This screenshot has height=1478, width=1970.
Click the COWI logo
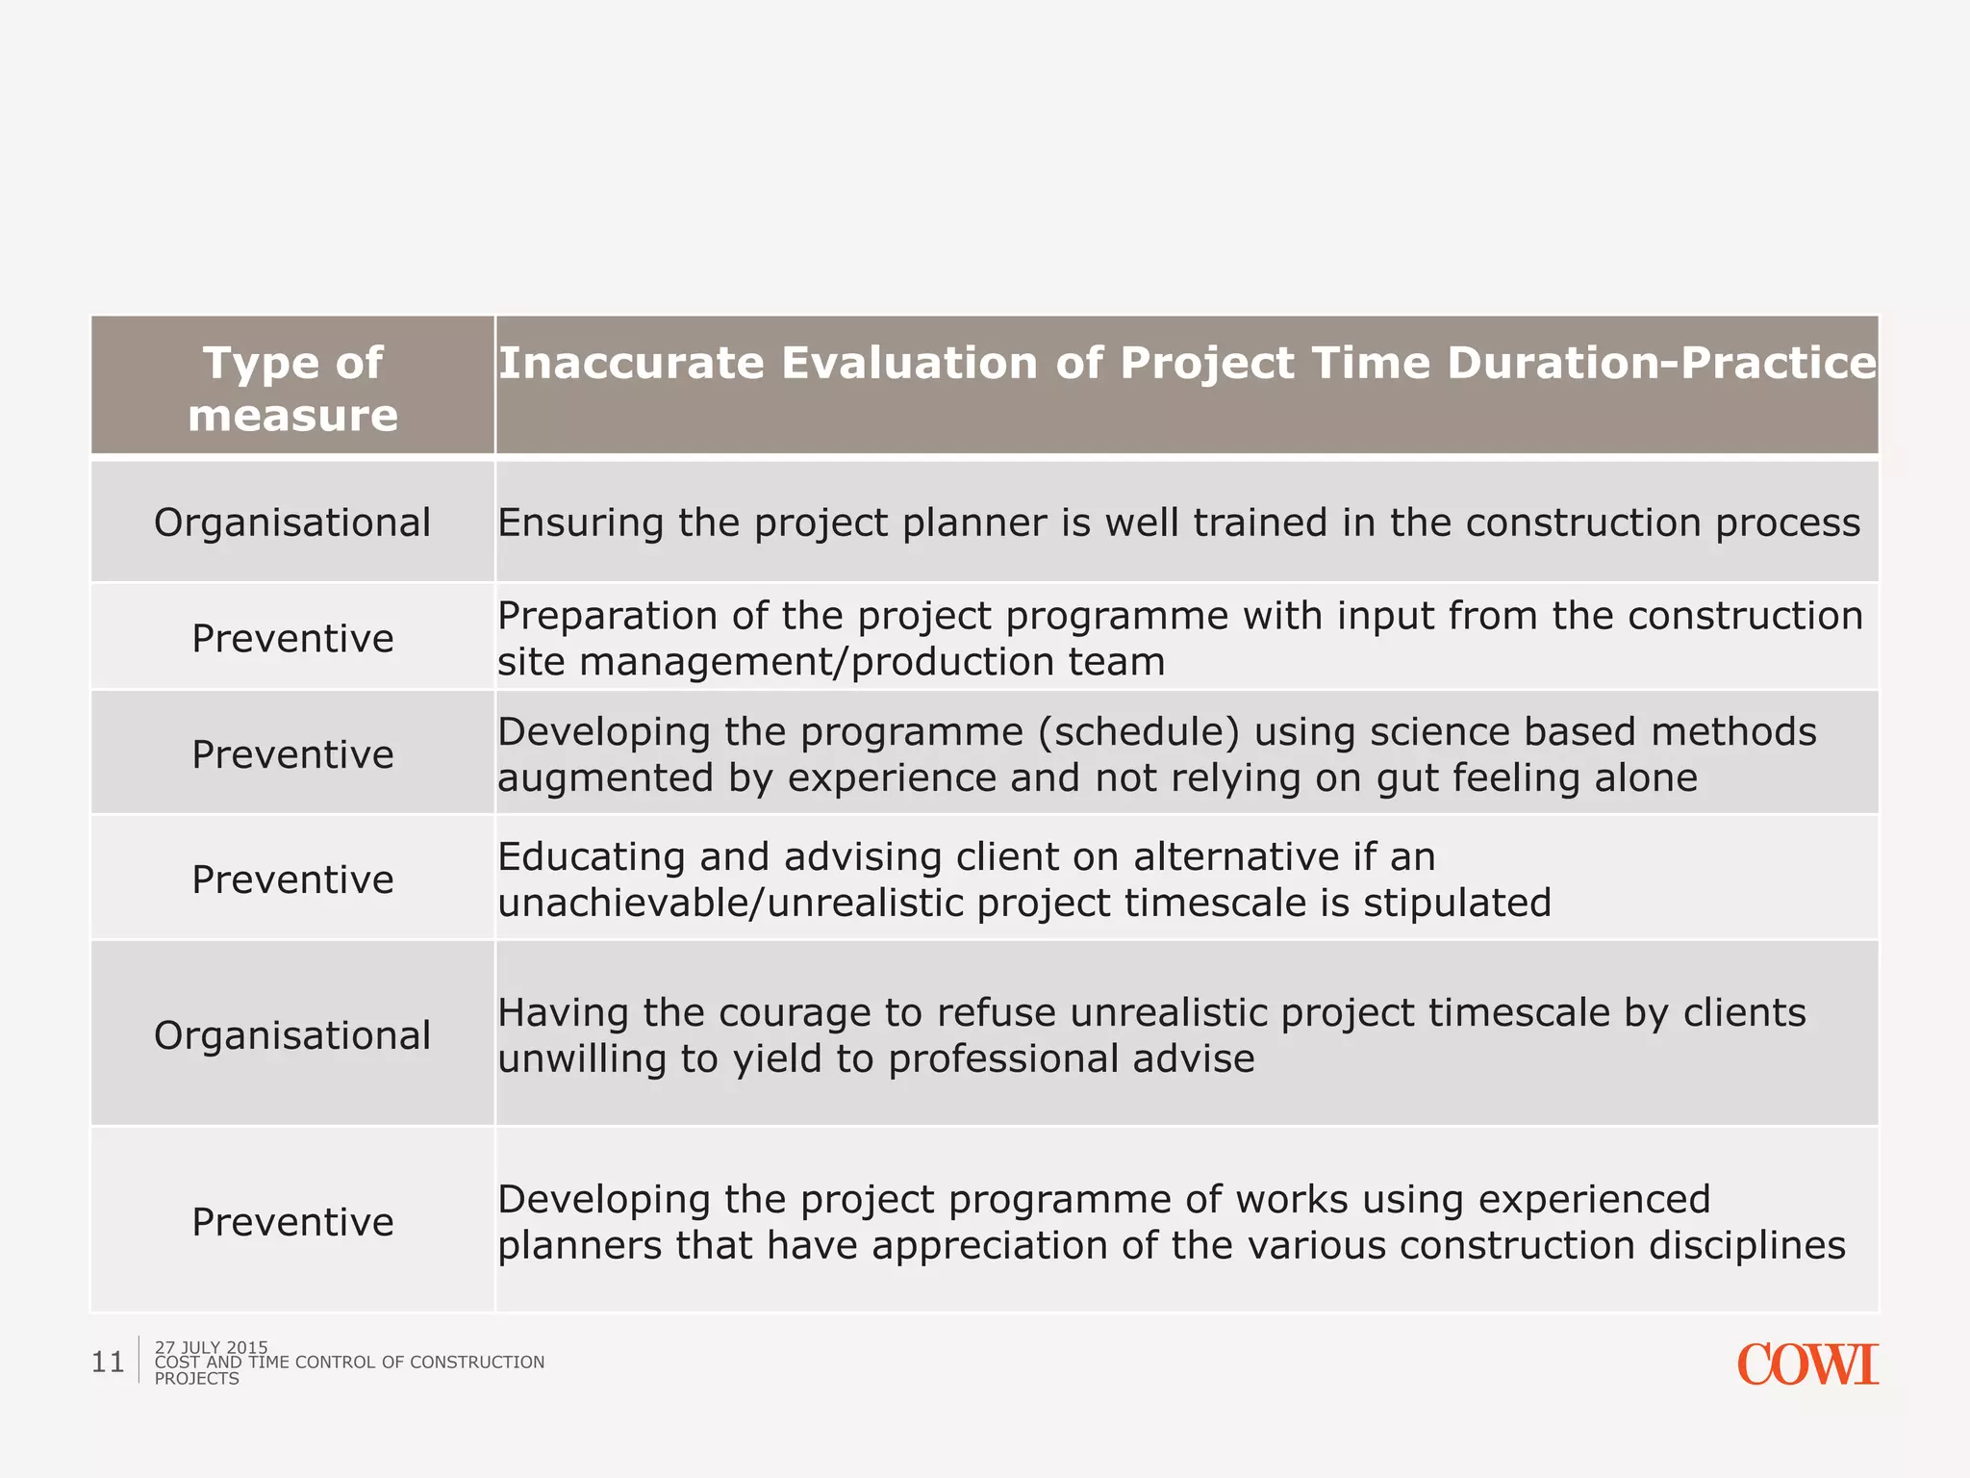[1806, 1364]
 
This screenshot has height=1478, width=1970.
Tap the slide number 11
[108, 1363]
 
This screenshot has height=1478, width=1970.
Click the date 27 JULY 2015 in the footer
[211, 1347]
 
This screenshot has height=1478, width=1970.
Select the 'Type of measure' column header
[292, 388]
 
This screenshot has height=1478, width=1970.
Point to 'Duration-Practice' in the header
[1661, 364]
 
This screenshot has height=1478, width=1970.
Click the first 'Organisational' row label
[292, 522]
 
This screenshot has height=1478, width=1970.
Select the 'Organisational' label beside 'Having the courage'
[292, 1035]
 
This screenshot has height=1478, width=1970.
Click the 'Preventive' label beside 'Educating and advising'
[292, 879]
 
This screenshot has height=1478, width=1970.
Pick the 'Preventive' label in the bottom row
[292, 1222]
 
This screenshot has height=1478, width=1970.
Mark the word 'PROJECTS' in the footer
[196, 1379]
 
